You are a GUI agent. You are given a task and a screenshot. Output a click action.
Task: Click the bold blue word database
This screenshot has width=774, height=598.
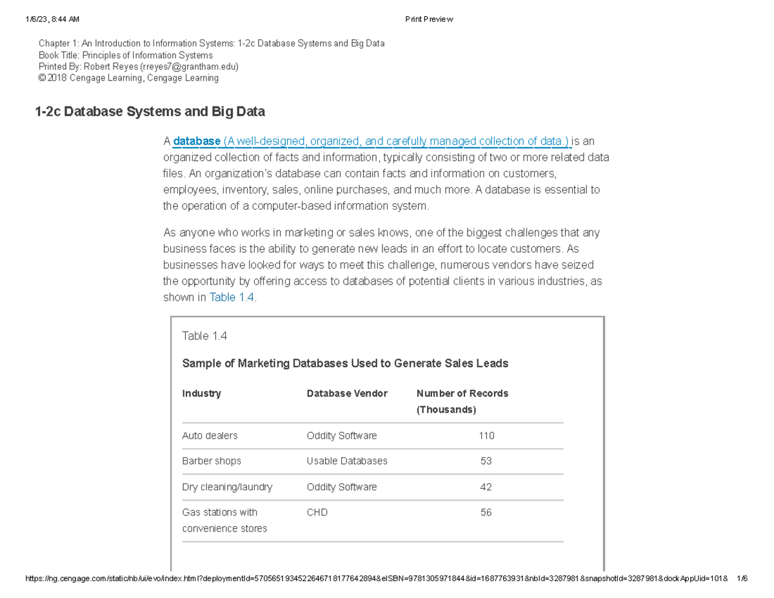tap(197, 141)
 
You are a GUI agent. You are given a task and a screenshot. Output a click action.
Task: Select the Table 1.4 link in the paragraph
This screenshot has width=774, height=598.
tap(233, 297)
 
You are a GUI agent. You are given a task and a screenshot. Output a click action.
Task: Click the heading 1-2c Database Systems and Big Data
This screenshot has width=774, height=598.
tap(150, 112)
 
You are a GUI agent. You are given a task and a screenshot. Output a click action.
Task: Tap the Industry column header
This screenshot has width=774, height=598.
tap(201, 394)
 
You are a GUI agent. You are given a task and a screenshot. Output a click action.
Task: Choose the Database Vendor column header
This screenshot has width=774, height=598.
tap(347, 394)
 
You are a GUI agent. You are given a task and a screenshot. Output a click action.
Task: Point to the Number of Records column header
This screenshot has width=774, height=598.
tap(462, 394)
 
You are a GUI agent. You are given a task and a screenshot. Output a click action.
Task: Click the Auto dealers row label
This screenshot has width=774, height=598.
tap(210, 435)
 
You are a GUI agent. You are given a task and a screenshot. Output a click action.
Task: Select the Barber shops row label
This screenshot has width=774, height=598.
tap(212, 461)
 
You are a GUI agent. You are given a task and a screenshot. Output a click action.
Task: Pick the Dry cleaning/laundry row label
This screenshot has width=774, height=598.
tap(227, 487)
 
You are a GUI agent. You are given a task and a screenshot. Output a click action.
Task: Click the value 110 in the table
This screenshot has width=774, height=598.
tap(486, 435)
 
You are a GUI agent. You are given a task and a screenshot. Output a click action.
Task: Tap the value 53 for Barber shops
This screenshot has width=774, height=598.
tap(486, 461)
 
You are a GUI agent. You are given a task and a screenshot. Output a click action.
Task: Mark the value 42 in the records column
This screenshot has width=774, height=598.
tap(486, 487)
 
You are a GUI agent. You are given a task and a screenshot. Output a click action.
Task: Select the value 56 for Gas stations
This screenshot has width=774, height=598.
tap(486, 512)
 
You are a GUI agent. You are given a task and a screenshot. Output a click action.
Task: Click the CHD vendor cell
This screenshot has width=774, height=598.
tap(317, 512)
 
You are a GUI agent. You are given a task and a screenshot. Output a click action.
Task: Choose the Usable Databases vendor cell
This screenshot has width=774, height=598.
tap(347, 461)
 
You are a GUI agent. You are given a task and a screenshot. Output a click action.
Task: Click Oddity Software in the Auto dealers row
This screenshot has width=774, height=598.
tap(342, 435)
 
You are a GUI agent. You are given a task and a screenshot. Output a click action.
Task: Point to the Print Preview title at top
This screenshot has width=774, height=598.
tap(429, 19)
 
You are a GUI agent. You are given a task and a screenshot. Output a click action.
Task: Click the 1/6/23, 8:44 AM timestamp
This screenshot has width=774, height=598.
tap(53, 19)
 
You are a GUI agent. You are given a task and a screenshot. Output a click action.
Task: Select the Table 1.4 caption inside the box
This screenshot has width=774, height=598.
tap(204, 336)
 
